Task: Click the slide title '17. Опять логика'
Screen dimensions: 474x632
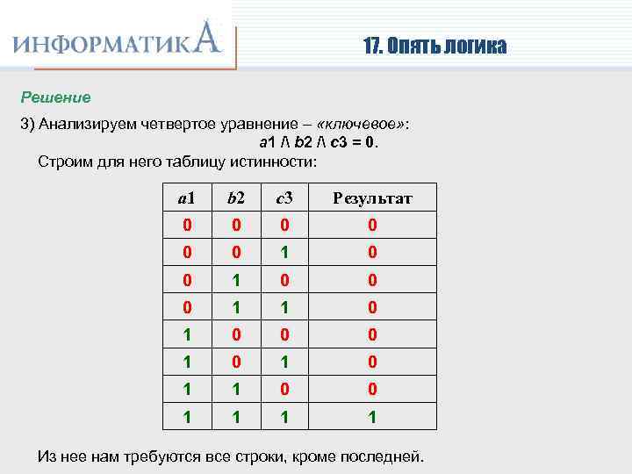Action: [x=434, y=47]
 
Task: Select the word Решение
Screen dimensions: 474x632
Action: [x=56, y=97]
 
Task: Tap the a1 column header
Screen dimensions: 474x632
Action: [x=187, y=198]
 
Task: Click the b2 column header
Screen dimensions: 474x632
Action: [x=235, y=198]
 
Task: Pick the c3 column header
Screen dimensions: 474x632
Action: [x=284, y=198]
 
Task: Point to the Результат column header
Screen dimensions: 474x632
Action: [x=372, y=198]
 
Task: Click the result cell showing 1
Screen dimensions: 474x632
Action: [x=372, y=419]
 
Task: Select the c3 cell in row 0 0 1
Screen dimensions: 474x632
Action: [x=284, y=253]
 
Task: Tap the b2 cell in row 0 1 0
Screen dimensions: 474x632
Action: [x=235, y=281]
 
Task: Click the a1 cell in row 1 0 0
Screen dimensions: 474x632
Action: [x=187, y=336]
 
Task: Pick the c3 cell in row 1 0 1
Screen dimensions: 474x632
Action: [x=284, y=363]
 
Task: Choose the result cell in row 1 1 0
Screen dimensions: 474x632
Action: [x=372, y=391]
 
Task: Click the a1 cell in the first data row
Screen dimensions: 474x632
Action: [x=187, y=226]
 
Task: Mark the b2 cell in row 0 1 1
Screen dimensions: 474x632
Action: [x=235, y=308]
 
